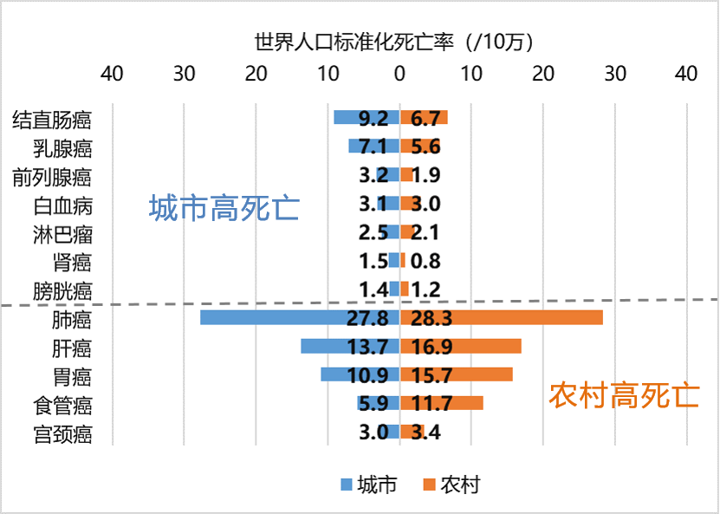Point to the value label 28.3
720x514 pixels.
click(432, 318)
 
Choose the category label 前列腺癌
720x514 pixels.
click(52, 177)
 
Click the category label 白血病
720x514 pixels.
click(62, 205)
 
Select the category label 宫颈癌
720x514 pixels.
click(62, 433)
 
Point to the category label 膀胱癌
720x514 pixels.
click(62, 290)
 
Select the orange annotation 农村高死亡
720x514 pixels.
click(623, 396)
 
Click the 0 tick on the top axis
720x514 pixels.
click(399, 75)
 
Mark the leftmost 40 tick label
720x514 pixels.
click(112, 75)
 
